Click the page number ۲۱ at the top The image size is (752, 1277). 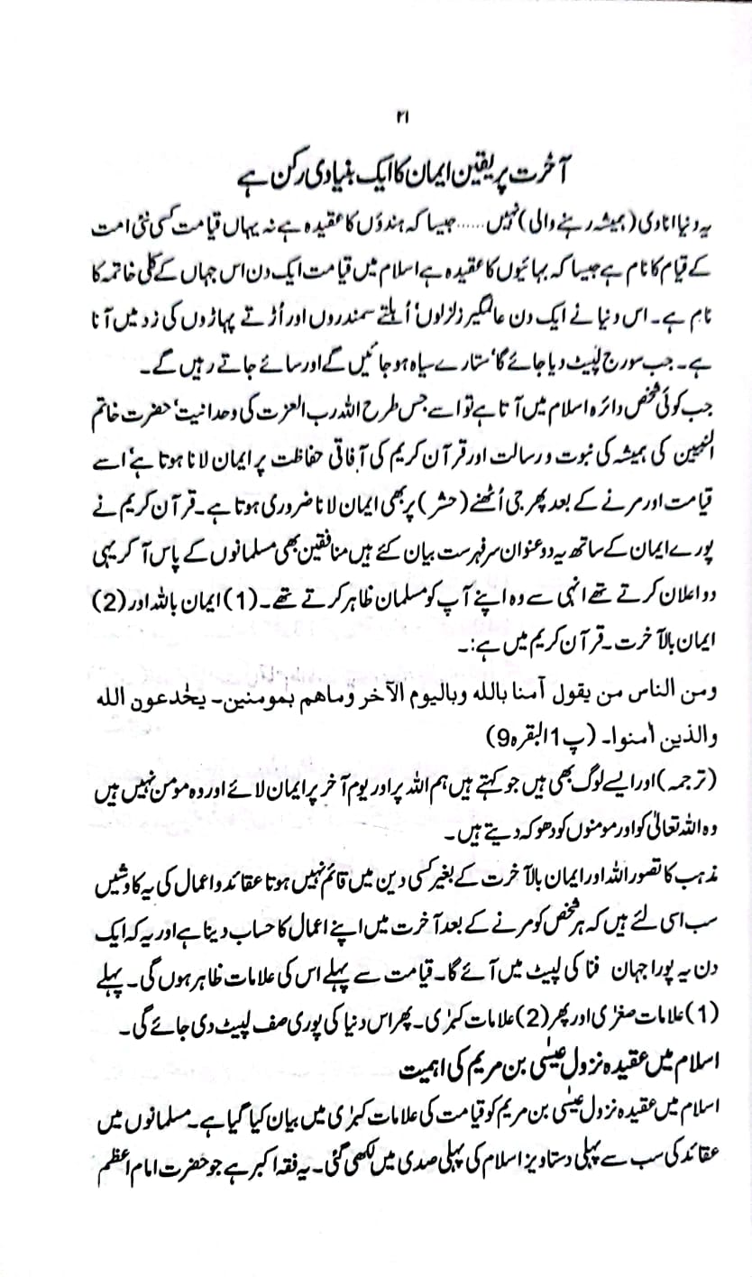[402, 116]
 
